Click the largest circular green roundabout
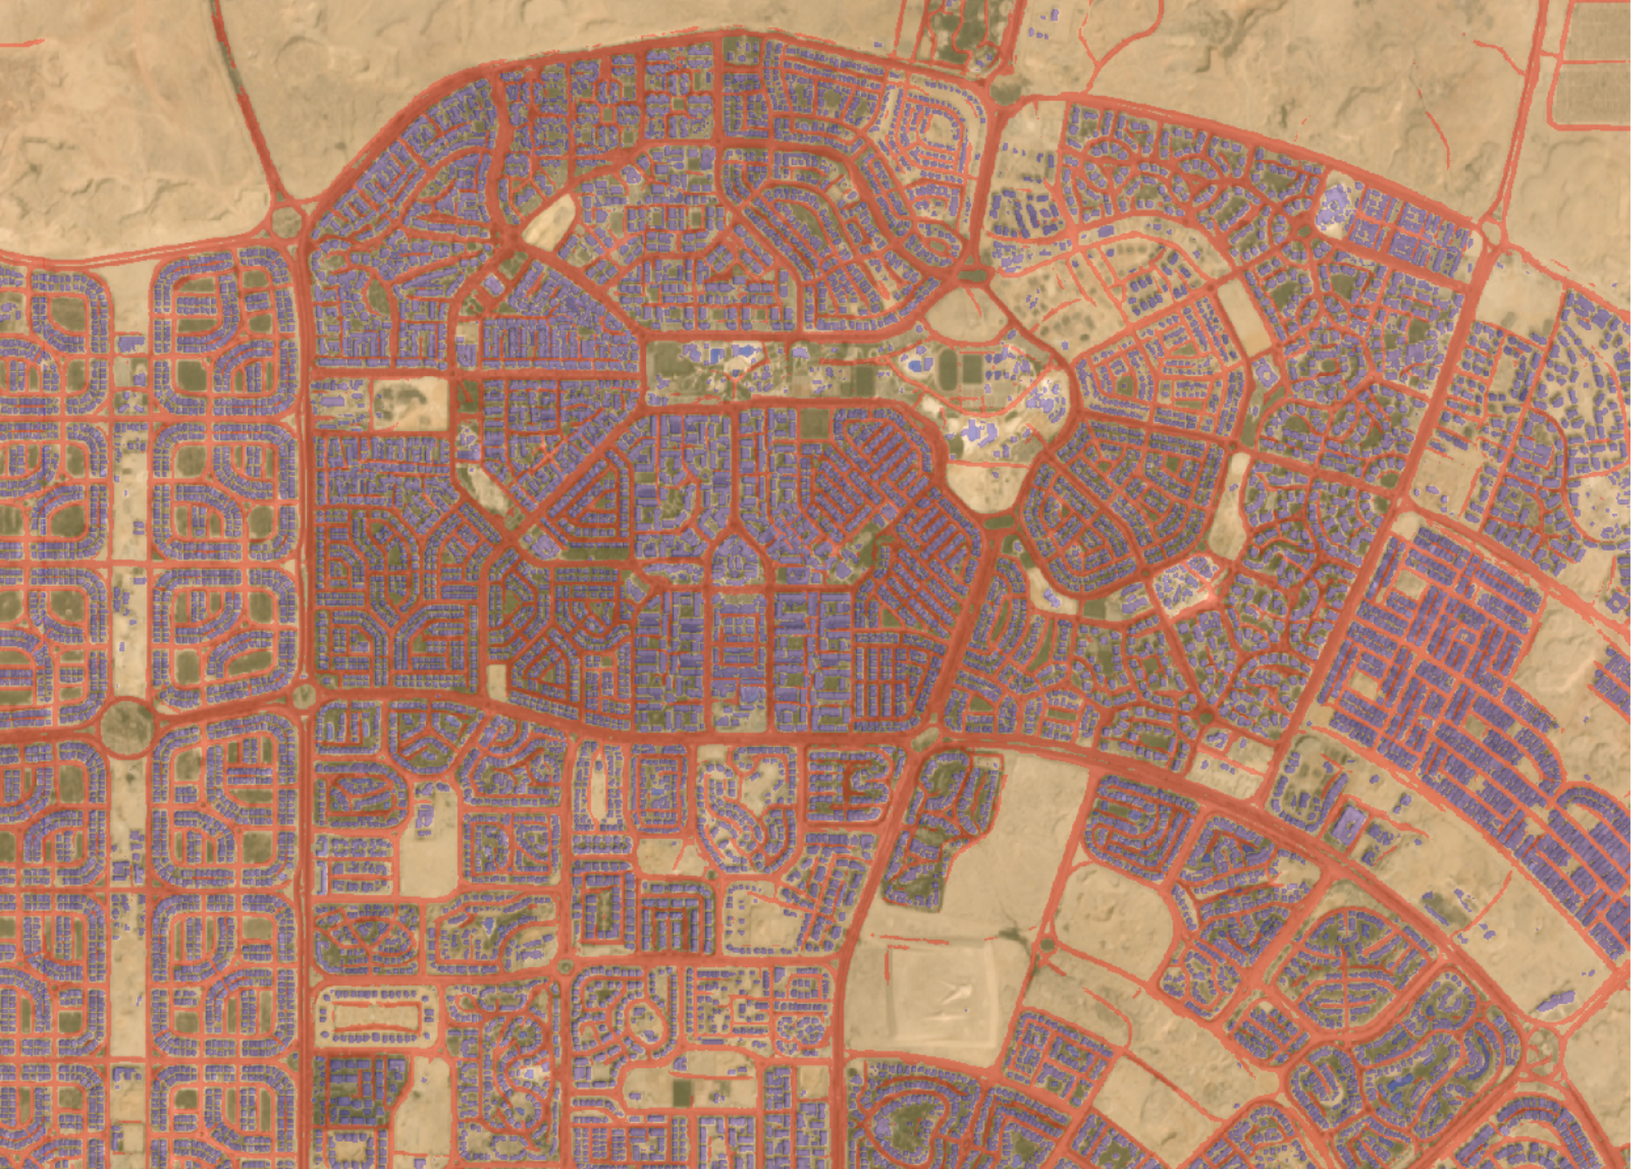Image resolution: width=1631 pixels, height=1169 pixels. pos(127,725)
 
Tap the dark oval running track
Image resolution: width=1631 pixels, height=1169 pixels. pos(947,368)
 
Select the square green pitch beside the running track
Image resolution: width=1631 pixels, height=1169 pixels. pos(972,368)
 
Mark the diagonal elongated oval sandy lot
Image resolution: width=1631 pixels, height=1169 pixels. pos(549,217)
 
